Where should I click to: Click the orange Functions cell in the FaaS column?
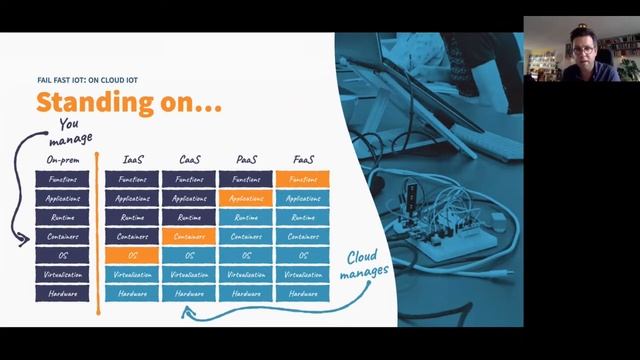pyautogui.click(x=303, y=179)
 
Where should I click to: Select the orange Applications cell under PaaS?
pyautogui.click(x=245, y=198)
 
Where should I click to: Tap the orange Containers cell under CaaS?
pyautogui.click(x=189, y=236)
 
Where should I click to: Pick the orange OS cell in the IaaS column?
pyautogui.click(x=132, y=255)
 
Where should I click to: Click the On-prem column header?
pyautogui.click(x=62, y=158)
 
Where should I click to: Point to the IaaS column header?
pyautogui.click(x=132, y=159)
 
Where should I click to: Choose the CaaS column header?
pyautogui.click(x=189, y=159)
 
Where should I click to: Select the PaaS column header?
pyautogui.click(x=245, y=159)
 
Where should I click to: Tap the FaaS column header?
pyautogui.click(x=303, y=159)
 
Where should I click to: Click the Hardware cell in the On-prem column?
pyautogui.click(x=62, y=293)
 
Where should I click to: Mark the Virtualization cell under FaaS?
pyautogui.click(x=303, y=274)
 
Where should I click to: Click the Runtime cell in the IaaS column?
pyautogui.click(x=132, y=217)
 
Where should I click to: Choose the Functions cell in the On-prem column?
pyautogui.click(x=62, y=179)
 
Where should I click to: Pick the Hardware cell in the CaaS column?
pyautogui.click(x=189, y=293)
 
